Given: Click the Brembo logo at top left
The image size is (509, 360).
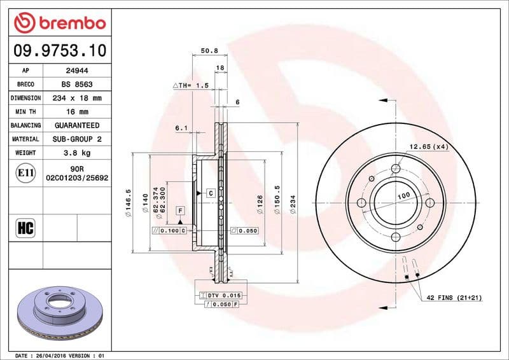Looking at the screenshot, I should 59,23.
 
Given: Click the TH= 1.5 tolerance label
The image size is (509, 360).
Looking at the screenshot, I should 191,85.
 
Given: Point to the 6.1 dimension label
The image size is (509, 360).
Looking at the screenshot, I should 181,128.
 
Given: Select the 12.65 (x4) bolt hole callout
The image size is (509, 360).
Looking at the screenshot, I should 428,147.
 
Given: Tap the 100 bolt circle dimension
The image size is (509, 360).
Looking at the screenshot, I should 403,196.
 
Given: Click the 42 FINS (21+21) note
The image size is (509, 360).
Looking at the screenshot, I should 454,298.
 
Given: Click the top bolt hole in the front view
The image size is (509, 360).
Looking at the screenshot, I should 396,169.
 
